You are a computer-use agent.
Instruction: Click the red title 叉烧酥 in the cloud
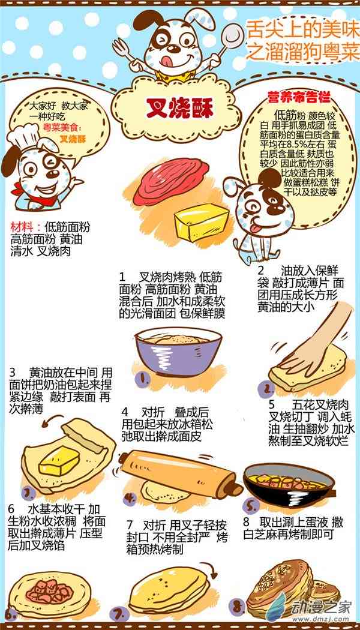(179, 109)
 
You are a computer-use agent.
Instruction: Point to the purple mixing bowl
(178, 353)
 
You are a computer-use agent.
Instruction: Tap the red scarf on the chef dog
(20, 189)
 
